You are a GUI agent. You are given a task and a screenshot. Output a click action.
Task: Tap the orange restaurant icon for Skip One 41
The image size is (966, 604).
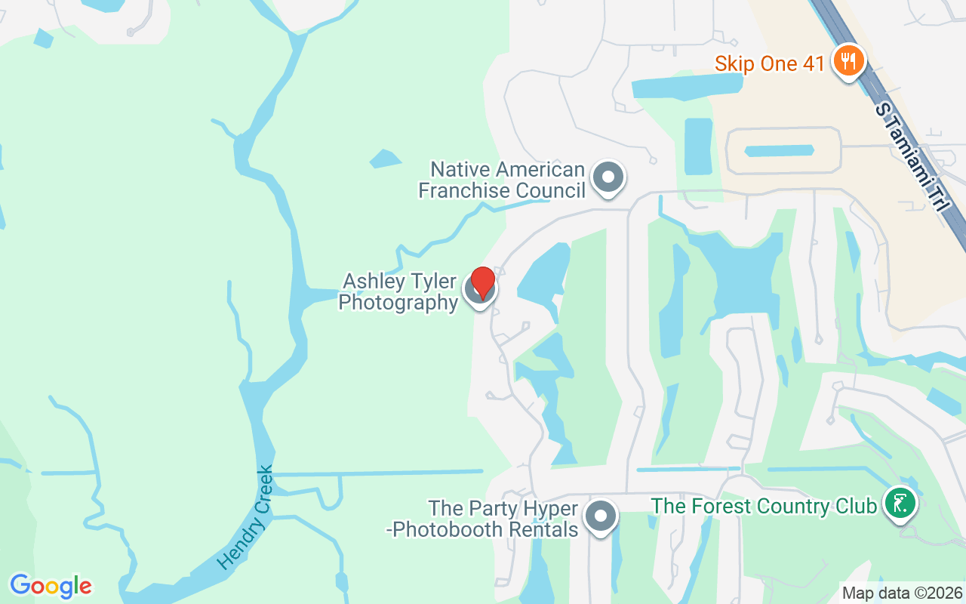[x=849, y=60]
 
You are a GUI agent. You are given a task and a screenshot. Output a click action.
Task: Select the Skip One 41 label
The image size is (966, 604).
[x=770, y=63]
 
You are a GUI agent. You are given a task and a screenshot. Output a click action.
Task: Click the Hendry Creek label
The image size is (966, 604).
[x=245, y=519]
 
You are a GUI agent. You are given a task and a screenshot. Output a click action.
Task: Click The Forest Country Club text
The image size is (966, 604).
[x=764, y=505]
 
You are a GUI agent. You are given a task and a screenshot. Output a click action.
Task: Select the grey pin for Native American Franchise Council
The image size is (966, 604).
[x=608, y=178]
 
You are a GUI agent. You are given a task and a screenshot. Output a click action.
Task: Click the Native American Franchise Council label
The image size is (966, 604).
[x=502, y=180]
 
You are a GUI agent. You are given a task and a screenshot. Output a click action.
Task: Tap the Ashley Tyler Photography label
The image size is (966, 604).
[x=398, y=292]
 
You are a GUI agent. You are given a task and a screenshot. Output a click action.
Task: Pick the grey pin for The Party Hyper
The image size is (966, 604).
[x=601, y=517]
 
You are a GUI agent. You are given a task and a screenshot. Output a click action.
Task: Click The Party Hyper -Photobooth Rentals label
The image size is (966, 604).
[x=482, y=519]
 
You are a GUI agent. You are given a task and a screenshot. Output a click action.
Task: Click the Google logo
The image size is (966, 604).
[x=51, y=586]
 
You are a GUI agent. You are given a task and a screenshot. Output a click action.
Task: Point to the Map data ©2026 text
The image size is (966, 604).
[x=902, y=593]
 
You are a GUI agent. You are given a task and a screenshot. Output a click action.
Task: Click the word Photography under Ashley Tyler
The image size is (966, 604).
[x=398, y=303]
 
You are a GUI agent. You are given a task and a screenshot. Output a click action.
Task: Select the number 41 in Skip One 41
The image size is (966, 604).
[x=814, y=63]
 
